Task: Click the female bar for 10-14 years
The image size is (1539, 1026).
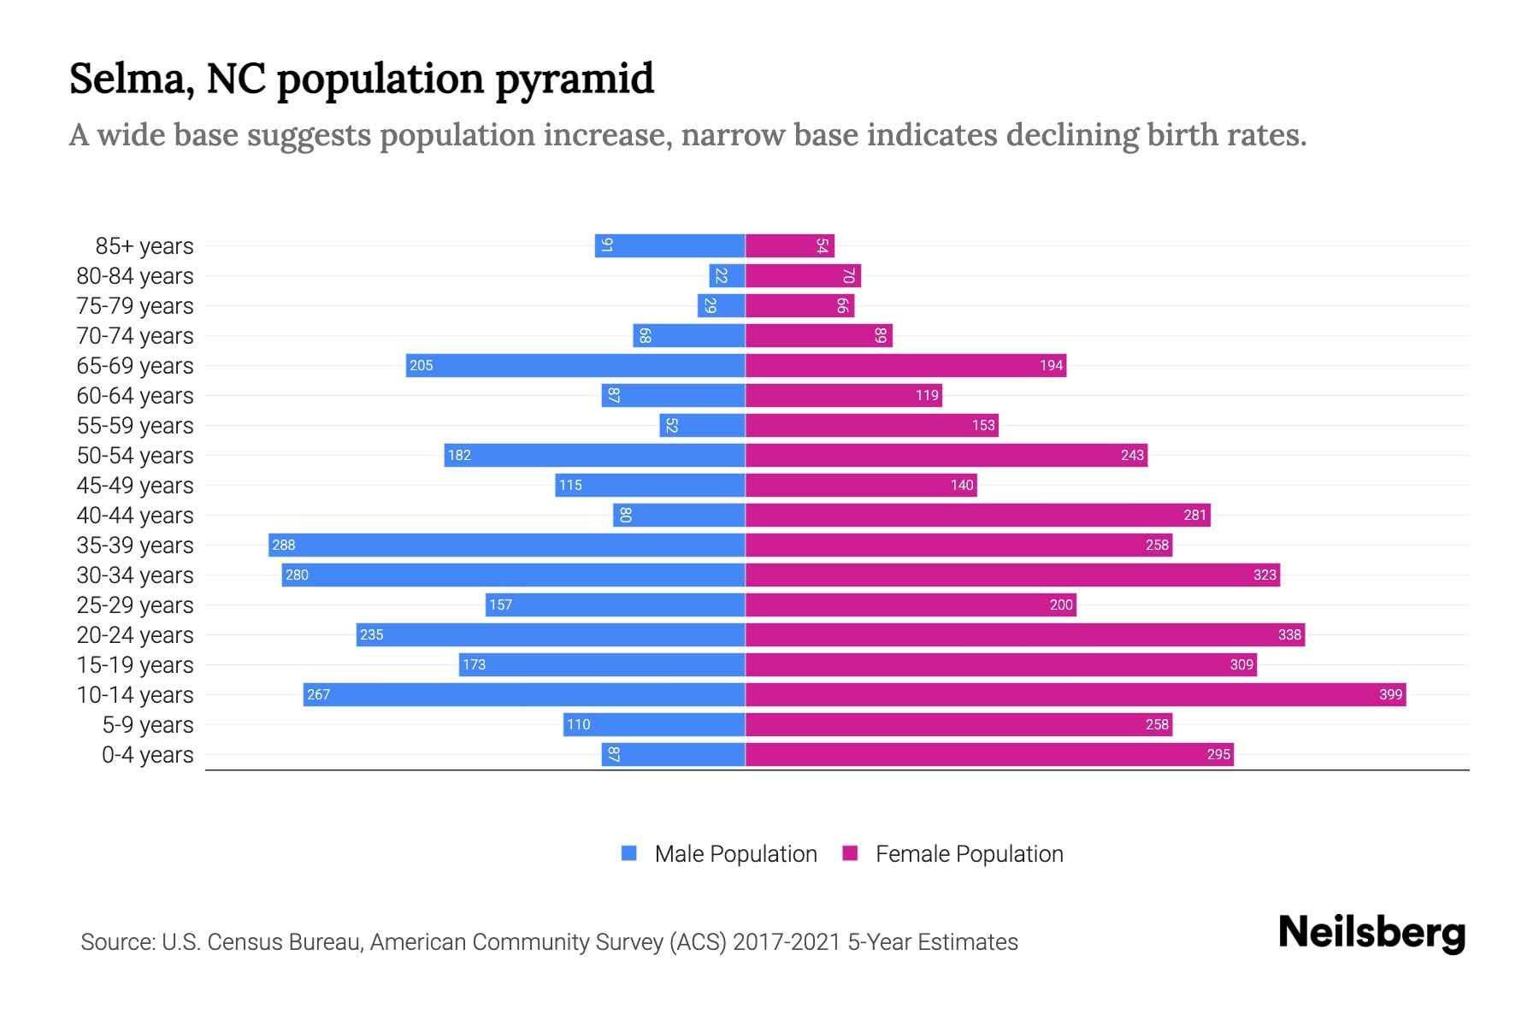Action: pos(1076,694)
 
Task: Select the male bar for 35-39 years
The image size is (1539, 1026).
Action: pos(506,545)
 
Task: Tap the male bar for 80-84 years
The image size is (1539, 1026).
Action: pos(727,275)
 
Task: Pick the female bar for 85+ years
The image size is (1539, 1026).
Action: pos(789,245)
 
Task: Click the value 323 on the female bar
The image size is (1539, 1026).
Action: pos(1265,575)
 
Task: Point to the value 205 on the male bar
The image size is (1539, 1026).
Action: pos(422,365)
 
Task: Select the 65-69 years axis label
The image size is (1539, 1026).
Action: pos(135,365)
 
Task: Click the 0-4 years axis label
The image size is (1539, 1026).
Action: pos(147,754)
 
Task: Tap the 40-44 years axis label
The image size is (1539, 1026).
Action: pos(135,515)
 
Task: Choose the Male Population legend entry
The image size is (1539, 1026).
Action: pos(735,853)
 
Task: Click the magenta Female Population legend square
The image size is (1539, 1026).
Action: pos(850,853)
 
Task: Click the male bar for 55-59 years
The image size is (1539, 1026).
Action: pos(702,425)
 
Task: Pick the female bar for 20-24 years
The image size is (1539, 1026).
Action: pos(1024,634)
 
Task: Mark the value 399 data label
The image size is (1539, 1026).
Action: pos(1390,694)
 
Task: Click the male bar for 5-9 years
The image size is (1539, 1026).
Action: pos(654,724)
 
